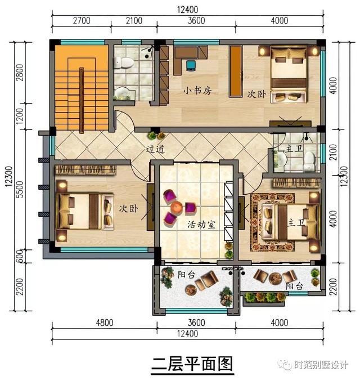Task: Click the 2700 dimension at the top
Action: [x=81, y=21]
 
